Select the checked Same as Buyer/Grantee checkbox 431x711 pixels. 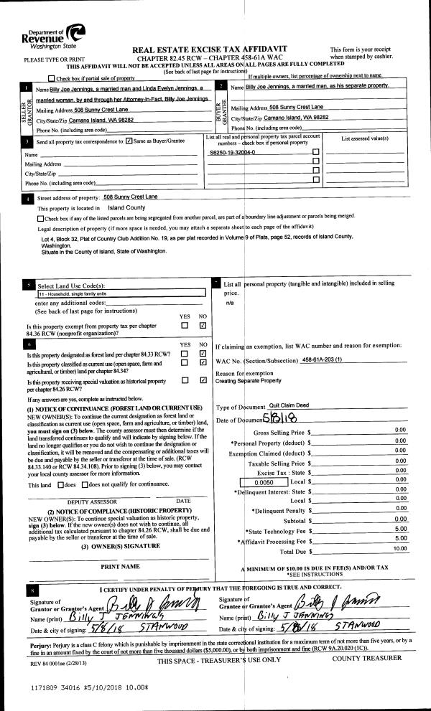(129, 141)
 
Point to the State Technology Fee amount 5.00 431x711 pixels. (401, 528)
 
